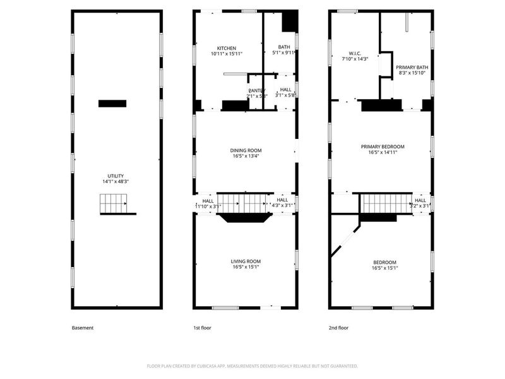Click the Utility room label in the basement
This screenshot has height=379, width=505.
(x=115, y=176)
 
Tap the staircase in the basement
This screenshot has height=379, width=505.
(x=113, y=204)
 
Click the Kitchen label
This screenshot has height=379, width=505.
(x=227, y=49)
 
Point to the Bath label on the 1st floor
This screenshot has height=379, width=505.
(x=284, y=47)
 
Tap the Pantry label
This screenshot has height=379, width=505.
(x=257, y=90)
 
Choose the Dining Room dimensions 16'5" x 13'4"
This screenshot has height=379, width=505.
(x=244, y=156)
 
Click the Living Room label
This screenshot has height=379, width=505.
(x=245, y=261)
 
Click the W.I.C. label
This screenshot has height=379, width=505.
(x=354, y=53)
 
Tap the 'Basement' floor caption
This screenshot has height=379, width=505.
(x=83, y=328)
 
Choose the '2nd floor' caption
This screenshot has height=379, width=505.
(x=338, y=328)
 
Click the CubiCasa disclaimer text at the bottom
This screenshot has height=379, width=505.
(x=252, y=366)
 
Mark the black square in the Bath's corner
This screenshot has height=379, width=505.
(x=289, y=21)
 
